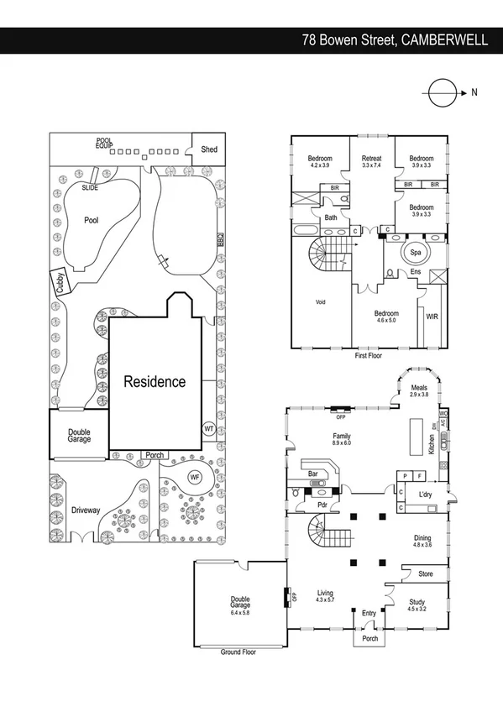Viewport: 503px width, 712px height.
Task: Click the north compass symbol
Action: tap(440, 92)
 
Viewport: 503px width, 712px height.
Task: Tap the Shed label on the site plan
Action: tap(208, 150)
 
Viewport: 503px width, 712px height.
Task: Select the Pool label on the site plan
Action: tap(92, 220)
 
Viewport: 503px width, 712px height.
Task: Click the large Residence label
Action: tap(155, 382)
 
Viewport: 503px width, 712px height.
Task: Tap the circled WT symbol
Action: tap(208, 427)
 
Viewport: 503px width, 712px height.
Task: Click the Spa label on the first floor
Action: tap(415, 252)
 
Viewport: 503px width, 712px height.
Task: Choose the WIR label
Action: tap(432, 317)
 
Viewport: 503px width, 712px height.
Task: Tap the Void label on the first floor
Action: tap(320, 302)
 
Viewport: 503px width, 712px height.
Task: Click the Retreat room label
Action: tap(371, 159)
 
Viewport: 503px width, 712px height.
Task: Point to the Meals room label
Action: tap(419, 388)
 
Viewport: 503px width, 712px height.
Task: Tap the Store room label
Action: tap(425, 574)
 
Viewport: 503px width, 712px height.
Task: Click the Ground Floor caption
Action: tap(238, 652)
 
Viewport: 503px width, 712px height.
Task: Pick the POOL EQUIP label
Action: tap(104, 144)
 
